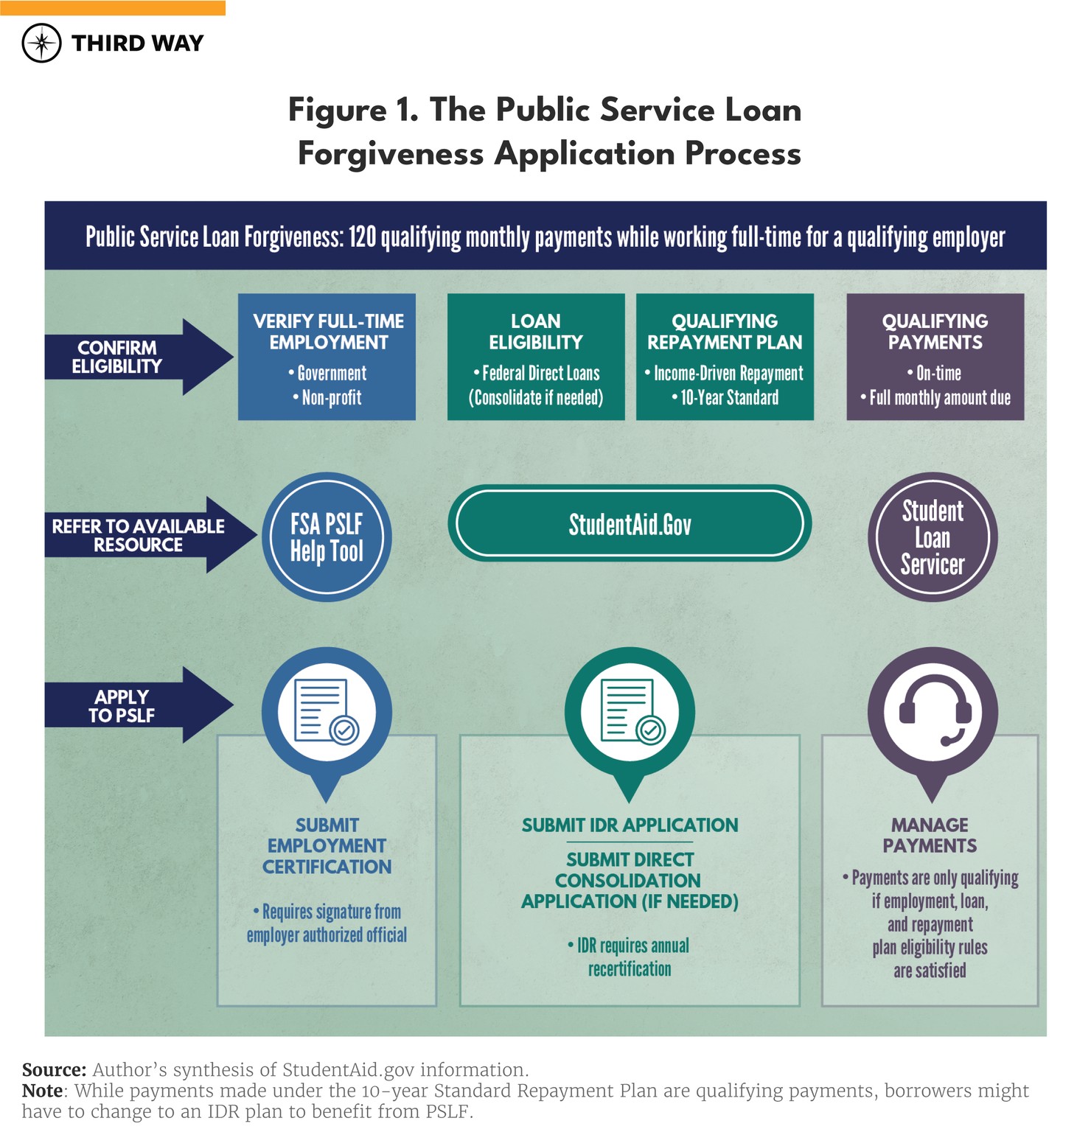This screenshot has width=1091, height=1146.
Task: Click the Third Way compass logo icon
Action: pyautogui.click(x=42, y=43)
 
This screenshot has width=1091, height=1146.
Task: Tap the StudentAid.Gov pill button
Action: pyautogui.click(x=630, y=524)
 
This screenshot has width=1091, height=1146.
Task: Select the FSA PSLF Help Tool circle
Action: pyautogui.click(x=327, y=537)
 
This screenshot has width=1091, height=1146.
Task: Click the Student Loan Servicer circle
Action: pyautogui.click(x=933, y=537)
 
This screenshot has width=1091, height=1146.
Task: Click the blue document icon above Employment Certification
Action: pyautogui.click(x=327, y=711)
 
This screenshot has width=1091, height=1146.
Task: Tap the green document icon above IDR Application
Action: pyautogui.click(x=630, y=711)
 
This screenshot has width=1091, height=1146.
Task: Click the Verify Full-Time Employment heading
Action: pyautogui.click(x=328, y=332)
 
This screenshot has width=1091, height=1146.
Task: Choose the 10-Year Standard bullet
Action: pyautogui.click(x=725, y=398)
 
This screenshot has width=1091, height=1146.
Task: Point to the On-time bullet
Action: pyautogui.click(x=935, y=374)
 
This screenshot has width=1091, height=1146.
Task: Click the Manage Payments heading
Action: pyautogui.click(x=930, y=835)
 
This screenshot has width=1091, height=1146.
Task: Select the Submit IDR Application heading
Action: pyautogui.click(x=630, y=825)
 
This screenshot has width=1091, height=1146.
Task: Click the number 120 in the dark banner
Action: pyautogui.click(x=362, y=237)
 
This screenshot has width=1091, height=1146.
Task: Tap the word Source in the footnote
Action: pyautogui.click(x=53, y=1069)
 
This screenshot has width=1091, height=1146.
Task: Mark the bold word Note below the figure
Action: pyautogui.click(x=41, y=1091)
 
